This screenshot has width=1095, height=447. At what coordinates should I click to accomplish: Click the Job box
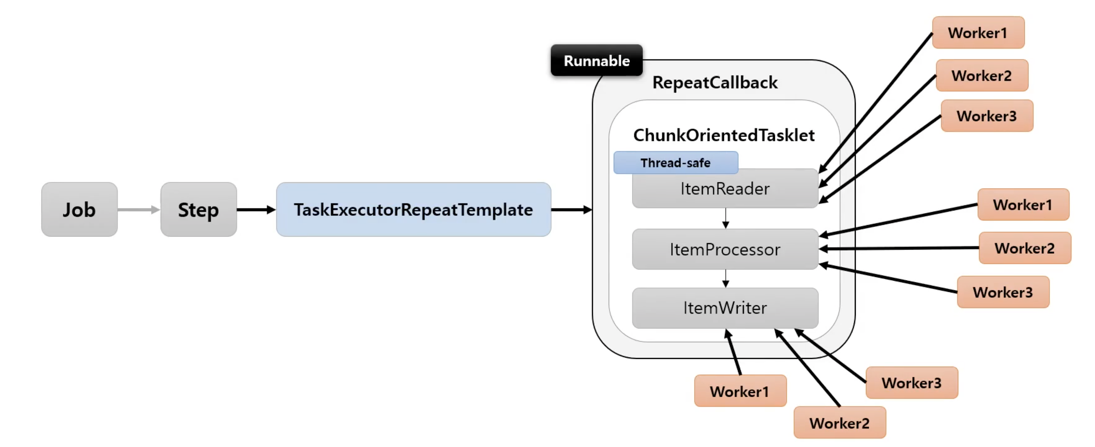pyautogui.click(x=80, y=210)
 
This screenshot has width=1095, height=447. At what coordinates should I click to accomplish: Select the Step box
pyautogui.click(x=199, y=210)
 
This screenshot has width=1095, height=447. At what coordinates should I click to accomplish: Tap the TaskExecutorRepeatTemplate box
pyautogui.click(x=414, y=210)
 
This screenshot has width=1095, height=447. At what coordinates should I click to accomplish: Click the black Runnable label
pyautogui.click(x=597, y=60)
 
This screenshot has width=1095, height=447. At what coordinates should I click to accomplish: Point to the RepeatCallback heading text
pyautogui.click(x=715, y=82)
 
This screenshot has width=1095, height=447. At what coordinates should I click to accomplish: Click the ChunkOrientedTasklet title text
pyautogui.click(x=724, y=135)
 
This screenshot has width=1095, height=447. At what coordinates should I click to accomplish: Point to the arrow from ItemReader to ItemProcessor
pyautogui.click(x=726, y=218)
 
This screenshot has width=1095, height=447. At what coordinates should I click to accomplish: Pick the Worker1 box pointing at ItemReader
pyautogui.click(x=978, y=33)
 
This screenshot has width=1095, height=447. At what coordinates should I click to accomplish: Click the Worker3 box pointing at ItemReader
pyautogui.click(x=987, y=116)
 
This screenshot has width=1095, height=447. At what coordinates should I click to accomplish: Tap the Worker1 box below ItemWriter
pyautogui.click(x=740, y=391)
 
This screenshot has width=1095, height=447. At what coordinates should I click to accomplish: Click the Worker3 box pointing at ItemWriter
pyautogui.click(x=912, y=383)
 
